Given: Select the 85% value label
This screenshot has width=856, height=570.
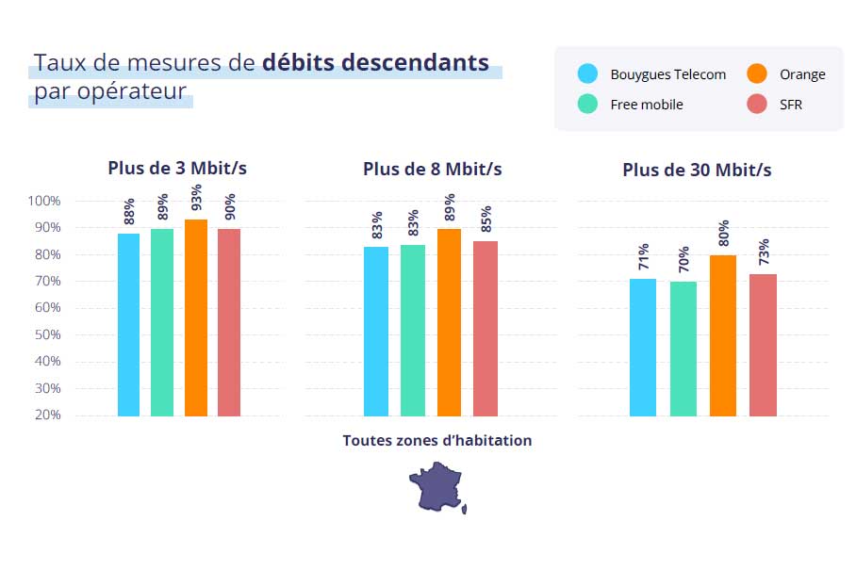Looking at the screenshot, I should coord(486,220).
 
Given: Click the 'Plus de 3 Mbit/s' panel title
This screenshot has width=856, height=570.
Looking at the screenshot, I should coord(177,169).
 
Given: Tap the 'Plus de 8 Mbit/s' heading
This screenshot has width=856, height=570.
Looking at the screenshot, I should coord(432,169).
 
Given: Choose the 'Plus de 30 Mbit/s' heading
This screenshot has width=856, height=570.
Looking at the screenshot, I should coord(697,170).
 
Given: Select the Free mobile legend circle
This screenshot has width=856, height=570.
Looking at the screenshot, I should coord(587,105).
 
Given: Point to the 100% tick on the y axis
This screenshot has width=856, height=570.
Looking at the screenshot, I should coord(44,201).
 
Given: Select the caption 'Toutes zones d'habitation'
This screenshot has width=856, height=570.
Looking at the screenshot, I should coord(436,440).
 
